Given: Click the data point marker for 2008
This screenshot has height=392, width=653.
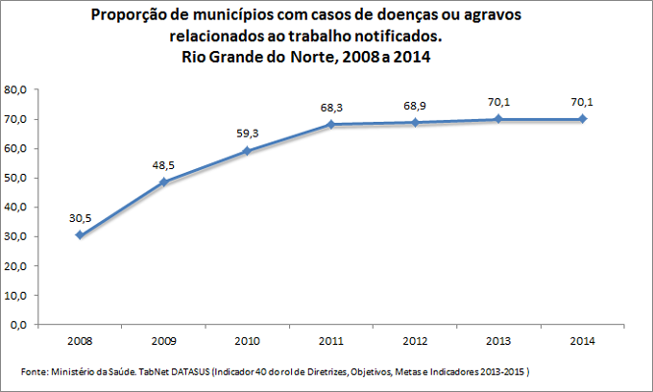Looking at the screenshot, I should (x=79, y=235).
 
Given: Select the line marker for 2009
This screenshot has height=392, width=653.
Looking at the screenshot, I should (x=162, y=182).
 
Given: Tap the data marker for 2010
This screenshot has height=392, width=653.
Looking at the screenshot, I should (x=246, y=151).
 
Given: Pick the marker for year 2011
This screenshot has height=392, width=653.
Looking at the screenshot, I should (x=329, y=124).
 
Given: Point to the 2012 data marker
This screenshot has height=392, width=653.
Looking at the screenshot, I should (x=413, y=122).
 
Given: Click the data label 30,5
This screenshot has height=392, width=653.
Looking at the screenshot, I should (x=79, y=218).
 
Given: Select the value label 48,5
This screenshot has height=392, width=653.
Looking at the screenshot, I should (x=162, y=165).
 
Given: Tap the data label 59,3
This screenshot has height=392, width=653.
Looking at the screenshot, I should (x=246, y=134).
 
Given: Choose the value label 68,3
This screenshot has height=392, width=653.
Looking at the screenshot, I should (x=329, y=107).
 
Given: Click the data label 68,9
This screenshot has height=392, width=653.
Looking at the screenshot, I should (x=413, y=105).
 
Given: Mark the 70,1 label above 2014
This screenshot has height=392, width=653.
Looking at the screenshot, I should (x=581, y=102).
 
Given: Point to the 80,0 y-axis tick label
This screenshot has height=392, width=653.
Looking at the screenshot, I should (x=17, y=89).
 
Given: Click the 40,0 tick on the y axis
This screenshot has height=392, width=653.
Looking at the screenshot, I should (x=17, y=207).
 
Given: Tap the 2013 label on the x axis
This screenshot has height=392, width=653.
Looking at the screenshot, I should (x=497, y=341).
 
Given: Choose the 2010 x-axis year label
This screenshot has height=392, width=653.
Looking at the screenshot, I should (x=246, y=341).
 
